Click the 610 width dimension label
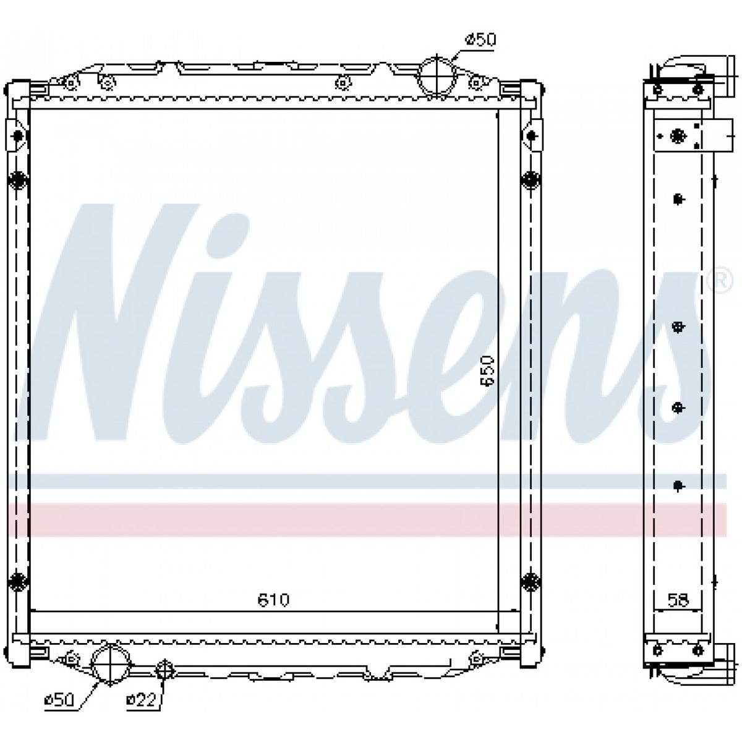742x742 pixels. pyautogui.click(x=273, y=600)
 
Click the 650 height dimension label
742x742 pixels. pyautogui.click(x=487, y=370)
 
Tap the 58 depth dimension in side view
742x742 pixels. pyautogui.click(x=678, y=600)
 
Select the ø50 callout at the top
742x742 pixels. pyautogui.click(x=480, y=40)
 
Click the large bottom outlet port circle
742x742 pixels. pyautogui.click(x=110, y=664)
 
